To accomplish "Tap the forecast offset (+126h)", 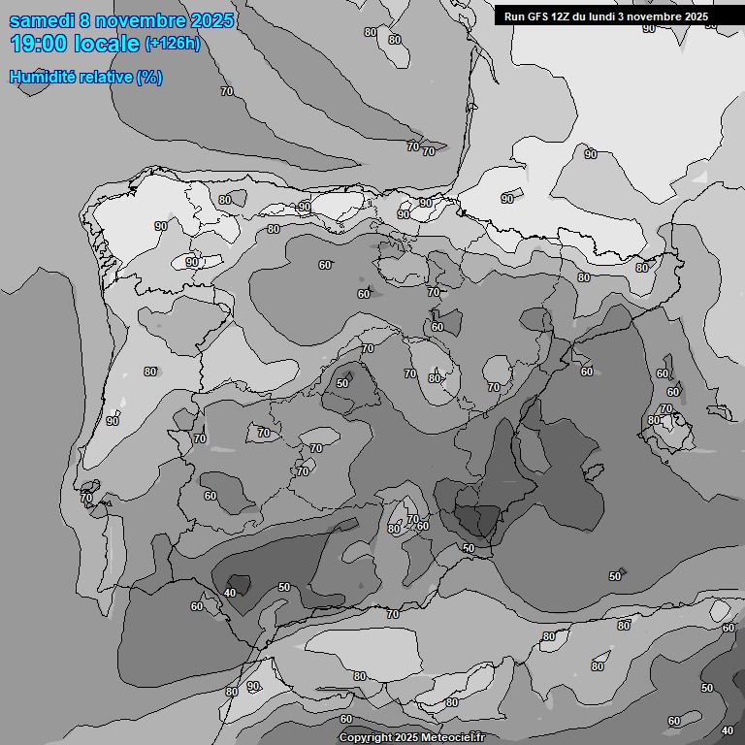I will tap(173, 44).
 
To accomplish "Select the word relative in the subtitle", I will tap(107, 77).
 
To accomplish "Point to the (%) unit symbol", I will tap(149, 77).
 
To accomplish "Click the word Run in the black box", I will tap(514, 16).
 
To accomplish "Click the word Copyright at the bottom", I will tap(366, 737).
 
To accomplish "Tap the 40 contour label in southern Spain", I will tap(230, 593).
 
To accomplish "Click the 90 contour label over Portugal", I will tap(113, 421).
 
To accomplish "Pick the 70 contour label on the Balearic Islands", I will tap(666, 408).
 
